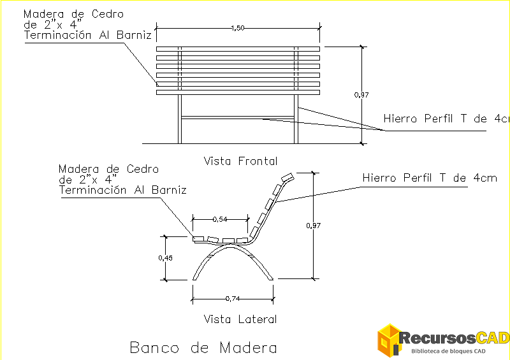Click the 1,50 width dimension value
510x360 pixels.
point(238,28)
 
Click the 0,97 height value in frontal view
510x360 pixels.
point(361,95)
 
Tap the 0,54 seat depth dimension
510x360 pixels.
point(220,219)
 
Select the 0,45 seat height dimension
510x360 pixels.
point(165,258)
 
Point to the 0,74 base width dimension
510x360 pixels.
point(233,298)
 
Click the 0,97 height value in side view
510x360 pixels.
point(313,226)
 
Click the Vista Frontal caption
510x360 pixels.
point(240,161)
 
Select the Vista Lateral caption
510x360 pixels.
point(240,319)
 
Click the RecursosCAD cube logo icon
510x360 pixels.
point(388,340)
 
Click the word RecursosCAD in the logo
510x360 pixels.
point(455,337)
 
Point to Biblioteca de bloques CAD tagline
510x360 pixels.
point(449,351)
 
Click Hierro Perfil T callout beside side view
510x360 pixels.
point(429,178)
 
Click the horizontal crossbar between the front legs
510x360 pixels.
point(237,117)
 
